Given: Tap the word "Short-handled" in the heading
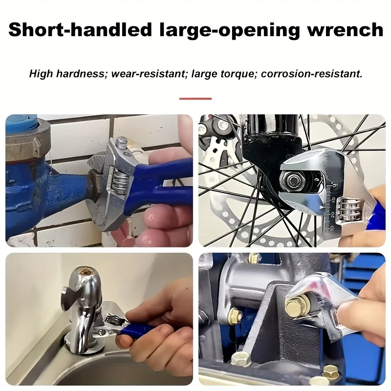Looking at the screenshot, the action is (x=80, y=29).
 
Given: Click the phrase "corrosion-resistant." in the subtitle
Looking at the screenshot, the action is (x=311, y=74).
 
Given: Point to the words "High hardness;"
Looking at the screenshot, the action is (x=68, y=74).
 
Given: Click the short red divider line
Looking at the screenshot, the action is (x=195, y=99).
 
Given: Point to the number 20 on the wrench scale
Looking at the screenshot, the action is (x=332, y=215).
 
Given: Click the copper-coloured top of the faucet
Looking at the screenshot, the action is (x=82, y=271).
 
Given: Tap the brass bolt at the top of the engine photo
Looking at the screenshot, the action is (x=254, y=258).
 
